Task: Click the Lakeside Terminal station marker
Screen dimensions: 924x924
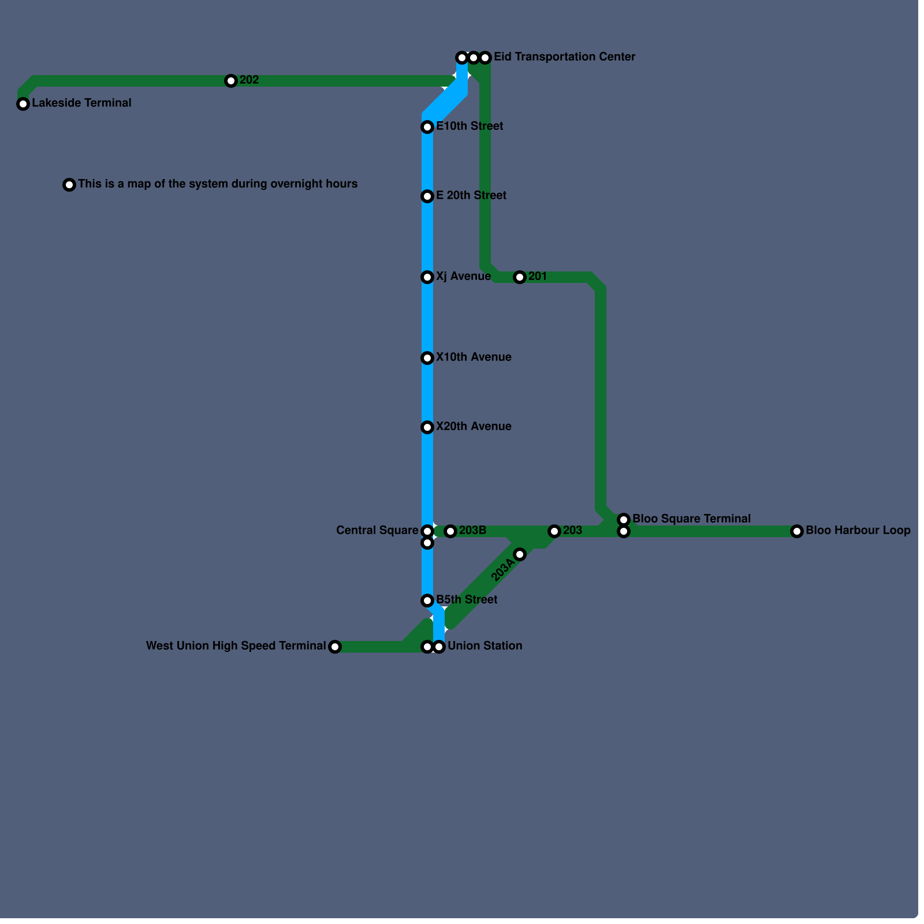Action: (23, 104)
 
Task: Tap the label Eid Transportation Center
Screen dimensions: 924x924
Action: (564, 57)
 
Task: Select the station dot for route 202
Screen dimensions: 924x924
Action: (231, 81)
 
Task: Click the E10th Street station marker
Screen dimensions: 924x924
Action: (427, 127)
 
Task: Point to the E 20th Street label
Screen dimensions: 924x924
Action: (471, 196)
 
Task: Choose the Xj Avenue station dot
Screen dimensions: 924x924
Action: (427, 277)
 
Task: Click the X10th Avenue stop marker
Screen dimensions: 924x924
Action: (427, 358)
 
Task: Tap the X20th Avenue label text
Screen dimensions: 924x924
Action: (474, 427)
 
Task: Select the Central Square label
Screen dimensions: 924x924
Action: (377, 531)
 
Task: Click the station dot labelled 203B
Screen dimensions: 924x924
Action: (450, 531)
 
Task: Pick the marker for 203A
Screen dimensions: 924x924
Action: (520, 554)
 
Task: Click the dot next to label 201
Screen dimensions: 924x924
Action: (520, 277)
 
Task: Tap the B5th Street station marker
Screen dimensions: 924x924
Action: (427, 601)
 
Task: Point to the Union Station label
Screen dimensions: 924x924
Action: (485, 646)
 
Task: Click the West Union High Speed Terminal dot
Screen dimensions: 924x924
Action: (335, 647)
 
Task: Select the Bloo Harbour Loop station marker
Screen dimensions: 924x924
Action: (797, 531)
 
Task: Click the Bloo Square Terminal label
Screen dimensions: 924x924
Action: (691, 519)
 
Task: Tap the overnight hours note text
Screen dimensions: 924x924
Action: (218, 184)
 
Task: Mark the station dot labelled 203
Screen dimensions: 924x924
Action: (554, 531)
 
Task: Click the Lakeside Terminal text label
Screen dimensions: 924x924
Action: (81, 103)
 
